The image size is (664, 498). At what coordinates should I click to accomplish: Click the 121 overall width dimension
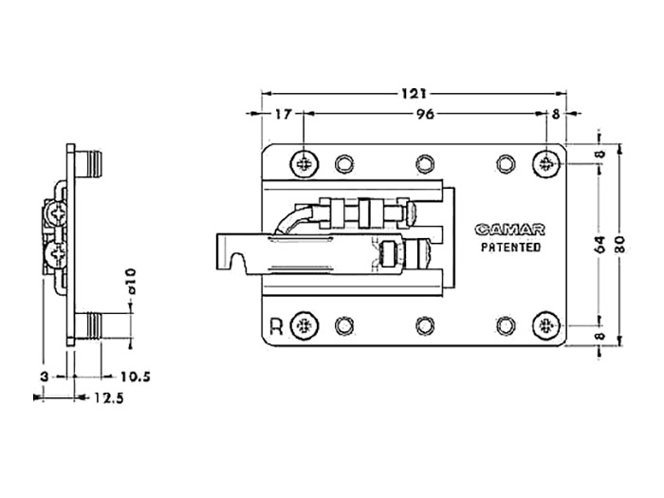[x=414, y=93]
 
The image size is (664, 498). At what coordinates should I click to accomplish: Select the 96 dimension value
[x=425, y=114]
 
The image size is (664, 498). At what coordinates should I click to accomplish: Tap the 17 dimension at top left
[x=283, y=114]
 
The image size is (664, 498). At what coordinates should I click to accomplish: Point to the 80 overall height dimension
[x=619, y=245]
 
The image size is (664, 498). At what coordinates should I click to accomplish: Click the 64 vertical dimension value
[x=600, y=245]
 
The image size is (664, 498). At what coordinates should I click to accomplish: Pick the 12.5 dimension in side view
[x=109, y=398]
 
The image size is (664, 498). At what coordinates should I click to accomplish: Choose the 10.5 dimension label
[x=136, y=377]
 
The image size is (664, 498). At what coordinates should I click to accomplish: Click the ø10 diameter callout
[x=131, y=281]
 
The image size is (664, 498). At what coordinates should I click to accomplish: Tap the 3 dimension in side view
[x=44, y=377]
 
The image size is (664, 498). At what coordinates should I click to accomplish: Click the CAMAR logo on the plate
[x=509, y=230]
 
